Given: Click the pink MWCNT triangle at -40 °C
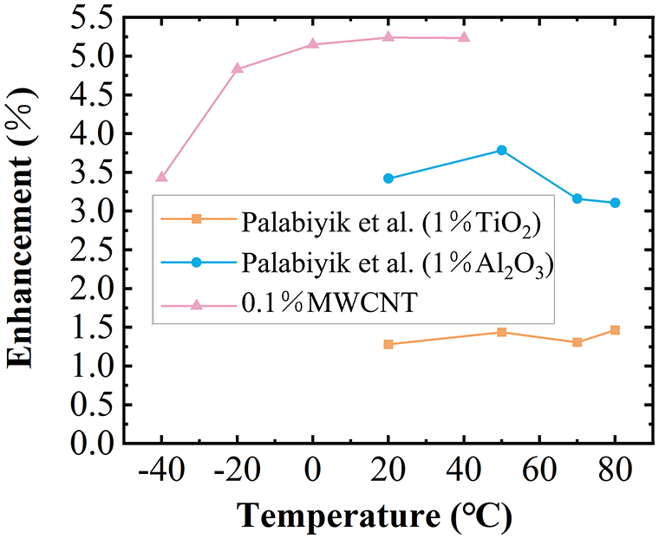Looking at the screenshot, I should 161,177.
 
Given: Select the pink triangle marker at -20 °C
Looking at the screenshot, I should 238,68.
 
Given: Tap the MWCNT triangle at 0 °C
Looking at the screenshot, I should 313,44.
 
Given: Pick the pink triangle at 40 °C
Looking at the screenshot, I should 464,37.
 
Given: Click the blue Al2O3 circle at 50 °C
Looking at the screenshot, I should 501,150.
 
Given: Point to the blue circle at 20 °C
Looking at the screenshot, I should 388,179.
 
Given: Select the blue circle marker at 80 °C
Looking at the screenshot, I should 615,203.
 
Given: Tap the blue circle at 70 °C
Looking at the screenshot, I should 577,198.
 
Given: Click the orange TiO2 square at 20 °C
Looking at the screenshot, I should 388,344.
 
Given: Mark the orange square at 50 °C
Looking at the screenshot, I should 501,332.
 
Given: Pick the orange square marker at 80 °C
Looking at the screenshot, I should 615,330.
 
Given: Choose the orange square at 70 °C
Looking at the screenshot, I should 577,342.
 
